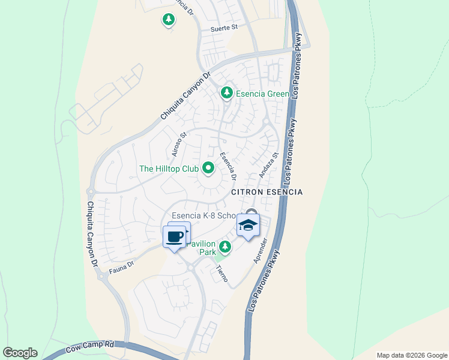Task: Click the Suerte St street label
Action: [224, 28]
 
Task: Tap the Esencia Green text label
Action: [262, 94]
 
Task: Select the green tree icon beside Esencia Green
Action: [226, 93]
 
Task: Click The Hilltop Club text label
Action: [169, 169]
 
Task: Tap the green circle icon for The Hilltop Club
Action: [208, 169]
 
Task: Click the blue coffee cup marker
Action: [175, 236]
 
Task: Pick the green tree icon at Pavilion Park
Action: [225, 247]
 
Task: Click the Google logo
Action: [20, 353]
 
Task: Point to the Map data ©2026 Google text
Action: [412, 355]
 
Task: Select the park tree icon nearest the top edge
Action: [169, 20]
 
